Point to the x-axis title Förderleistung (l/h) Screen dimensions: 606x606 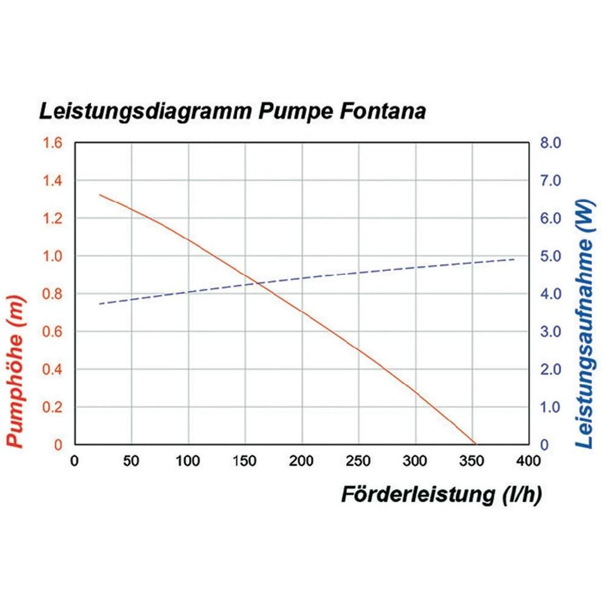pyautogui.click(x=441, y=494)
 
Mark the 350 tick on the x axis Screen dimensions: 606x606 pyautogui.click(x=472, y=461)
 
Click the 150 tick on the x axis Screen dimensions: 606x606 pyautogui.click(x=245, y=461)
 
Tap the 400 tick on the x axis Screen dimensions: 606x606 pyautogui.click(x=529, y=461)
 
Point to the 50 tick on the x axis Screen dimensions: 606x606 pyautogui.click(x=131, y=461)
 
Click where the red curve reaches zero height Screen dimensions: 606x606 pyautogui.click(x=475, y=444)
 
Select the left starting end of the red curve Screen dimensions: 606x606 pyautogui.click(x=100, y=195)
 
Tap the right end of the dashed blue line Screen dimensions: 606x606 pyautogui.click(x=515, y=259)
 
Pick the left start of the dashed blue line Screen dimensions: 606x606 pyautogui.click(x=99, y=304)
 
